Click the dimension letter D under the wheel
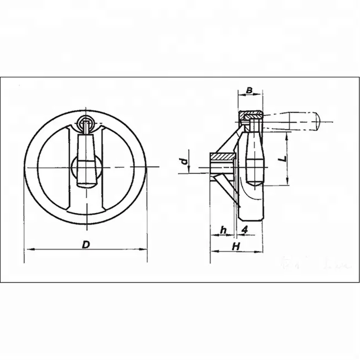click(85, 244)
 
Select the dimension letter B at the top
click(249, 90)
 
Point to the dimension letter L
click(283, 158)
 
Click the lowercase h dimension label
click(223, 229)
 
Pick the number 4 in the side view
click(244, 229)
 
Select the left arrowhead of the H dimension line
click(213, 251)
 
